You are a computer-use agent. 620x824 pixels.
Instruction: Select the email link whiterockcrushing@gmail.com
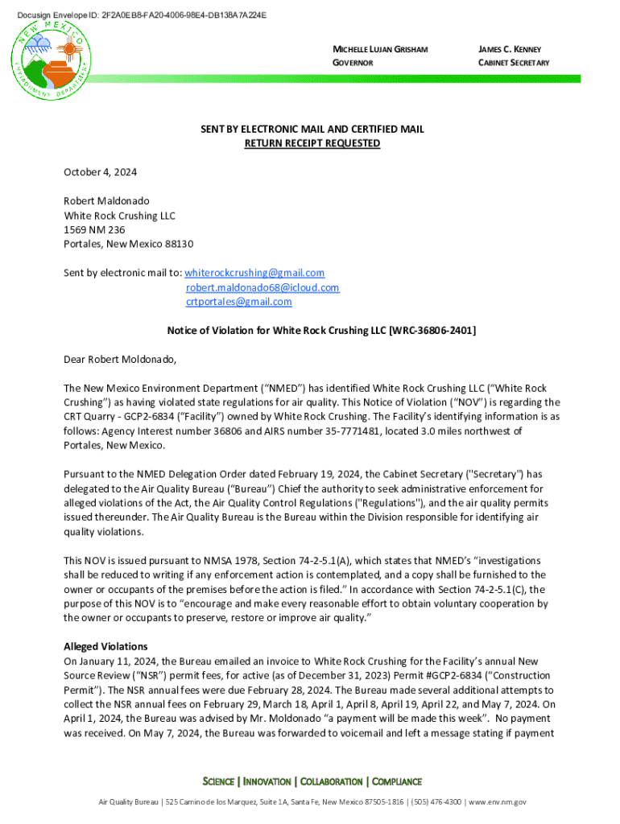click(255, 273)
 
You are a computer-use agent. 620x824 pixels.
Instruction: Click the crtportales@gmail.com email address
click(238, 302)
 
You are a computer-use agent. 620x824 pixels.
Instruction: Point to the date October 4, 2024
click(101, 172)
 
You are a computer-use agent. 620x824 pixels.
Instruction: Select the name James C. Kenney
click(510, 50)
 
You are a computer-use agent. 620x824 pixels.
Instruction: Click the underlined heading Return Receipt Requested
click(312, 143)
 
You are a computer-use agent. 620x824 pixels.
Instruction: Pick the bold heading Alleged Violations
click(105, 646)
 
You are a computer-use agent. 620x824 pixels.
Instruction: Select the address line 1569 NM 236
click(95, 229)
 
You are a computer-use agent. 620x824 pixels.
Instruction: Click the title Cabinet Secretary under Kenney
click(514, 63)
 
